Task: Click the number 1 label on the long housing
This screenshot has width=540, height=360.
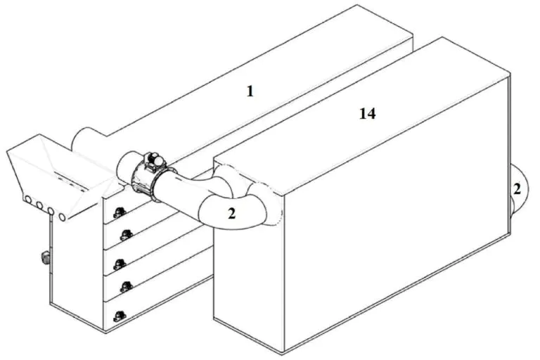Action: (250, 91)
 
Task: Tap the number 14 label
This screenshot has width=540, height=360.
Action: (368, 113)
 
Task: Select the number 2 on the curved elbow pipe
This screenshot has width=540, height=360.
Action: (232, 214)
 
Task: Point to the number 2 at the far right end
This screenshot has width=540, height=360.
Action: (517, 188)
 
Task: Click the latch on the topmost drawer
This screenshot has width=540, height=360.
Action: (119, 212)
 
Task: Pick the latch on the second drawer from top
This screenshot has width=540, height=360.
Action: (127, 235)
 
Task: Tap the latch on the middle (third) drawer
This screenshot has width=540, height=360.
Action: (120, 264)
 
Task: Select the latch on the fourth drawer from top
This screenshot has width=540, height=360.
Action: (127, 287)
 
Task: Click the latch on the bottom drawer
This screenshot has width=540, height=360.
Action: (120, 316)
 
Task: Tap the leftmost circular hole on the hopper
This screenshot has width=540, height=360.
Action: (28, 200)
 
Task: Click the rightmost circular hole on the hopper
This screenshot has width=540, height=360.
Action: (63, 217)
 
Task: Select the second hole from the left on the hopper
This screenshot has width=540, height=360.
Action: (39, 206)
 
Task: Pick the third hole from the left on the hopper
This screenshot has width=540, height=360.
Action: (51, 211)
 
